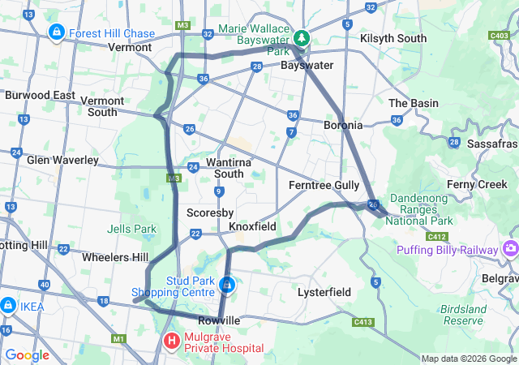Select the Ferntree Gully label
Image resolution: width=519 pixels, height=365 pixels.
tap(324, 185)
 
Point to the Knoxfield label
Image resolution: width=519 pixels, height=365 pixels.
tap(252, 226)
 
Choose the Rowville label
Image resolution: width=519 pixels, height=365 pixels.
tap(219, 320)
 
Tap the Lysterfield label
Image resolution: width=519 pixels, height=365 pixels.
tap(323, 290)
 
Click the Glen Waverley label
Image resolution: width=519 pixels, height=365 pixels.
tap(62, 160)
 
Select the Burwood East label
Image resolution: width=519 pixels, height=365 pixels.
tap(40, 95)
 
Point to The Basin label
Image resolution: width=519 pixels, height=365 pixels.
tap(414, 103)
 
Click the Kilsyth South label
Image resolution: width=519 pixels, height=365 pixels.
tap(393, 38)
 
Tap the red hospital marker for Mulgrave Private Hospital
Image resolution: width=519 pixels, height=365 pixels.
tap(172, 341)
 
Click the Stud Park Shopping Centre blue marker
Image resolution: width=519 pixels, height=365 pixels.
tap(228, 286)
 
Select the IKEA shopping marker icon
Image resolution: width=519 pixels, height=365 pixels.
tap(8, 305)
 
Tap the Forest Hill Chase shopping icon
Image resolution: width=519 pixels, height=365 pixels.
tap(57, 32)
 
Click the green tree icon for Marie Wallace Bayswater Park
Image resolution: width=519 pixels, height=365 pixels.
tap(302, 37)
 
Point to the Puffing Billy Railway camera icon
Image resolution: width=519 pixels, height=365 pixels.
tap(511, 248)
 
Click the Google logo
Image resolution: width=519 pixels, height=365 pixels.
tap(28, 354)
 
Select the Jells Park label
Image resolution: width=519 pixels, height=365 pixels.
tap(135, 229)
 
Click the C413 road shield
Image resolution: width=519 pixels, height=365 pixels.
tap(363, 322)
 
